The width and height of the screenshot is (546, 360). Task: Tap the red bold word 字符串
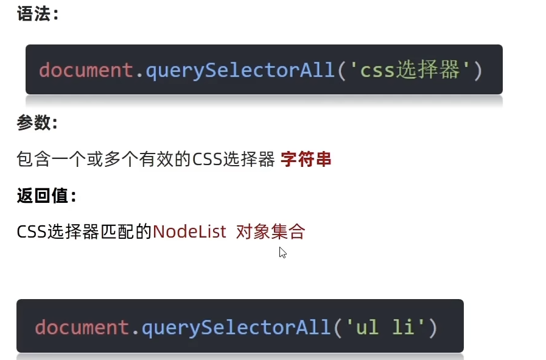tap(306, 160)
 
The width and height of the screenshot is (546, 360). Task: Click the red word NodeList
tap(189, 231)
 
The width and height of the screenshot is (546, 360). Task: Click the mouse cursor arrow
tap(282, 252)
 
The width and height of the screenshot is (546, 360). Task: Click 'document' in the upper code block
tap(85, 70)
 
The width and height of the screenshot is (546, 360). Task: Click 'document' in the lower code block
tap(82, 328)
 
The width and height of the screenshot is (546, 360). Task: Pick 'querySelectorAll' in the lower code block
tap(236, 328)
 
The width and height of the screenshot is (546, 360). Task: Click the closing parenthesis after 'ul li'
tap(432, 328)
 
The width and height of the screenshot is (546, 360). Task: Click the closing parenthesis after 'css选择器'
tap(477, 71)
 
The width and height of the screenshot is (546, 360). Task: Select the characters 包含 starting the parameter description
tap(32, 160)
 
